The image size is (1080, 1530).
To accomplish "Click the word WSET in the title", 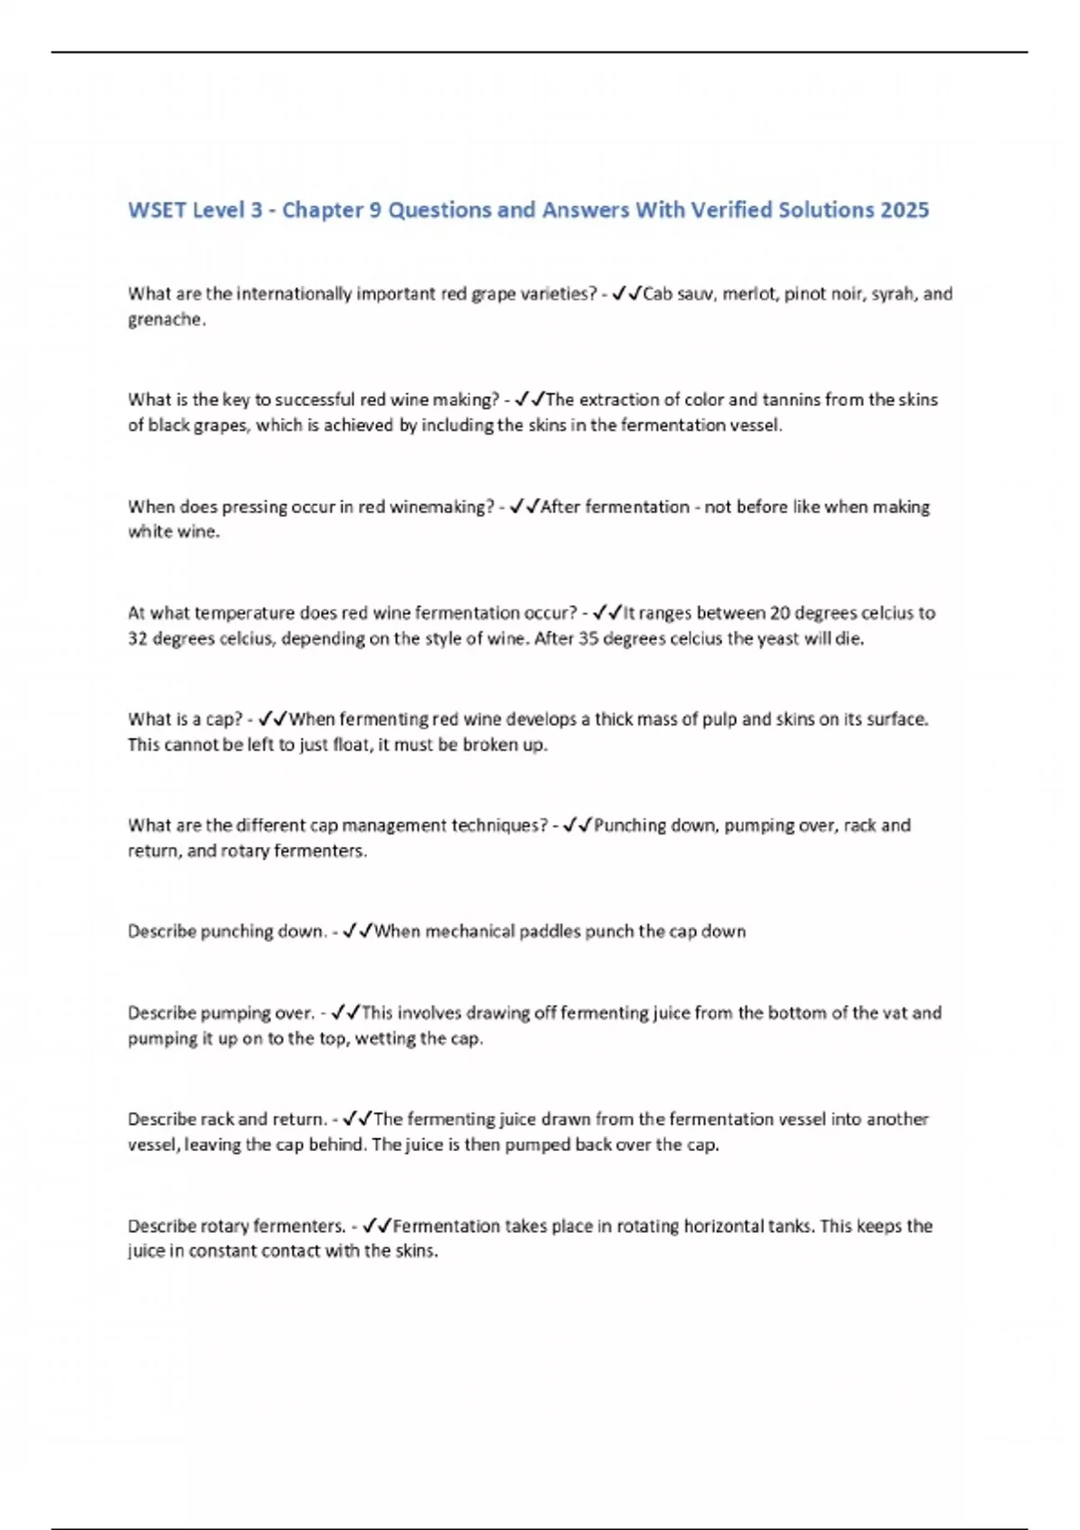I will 157,210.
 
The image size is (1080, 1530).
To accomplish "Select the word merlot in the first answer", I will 750,294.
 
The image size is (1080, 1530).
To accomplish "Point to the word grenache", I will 165,319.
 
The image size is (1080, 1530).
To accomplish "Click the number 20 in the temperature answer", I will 779,613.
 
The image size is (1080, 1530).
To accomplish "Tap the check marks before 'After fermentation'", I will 525,507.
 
